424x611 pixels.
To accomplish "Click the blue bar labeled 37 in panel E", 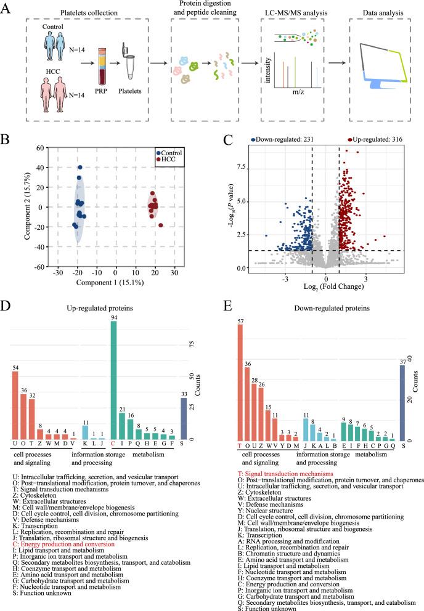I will pyautogui.click(x=402, y=402).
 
